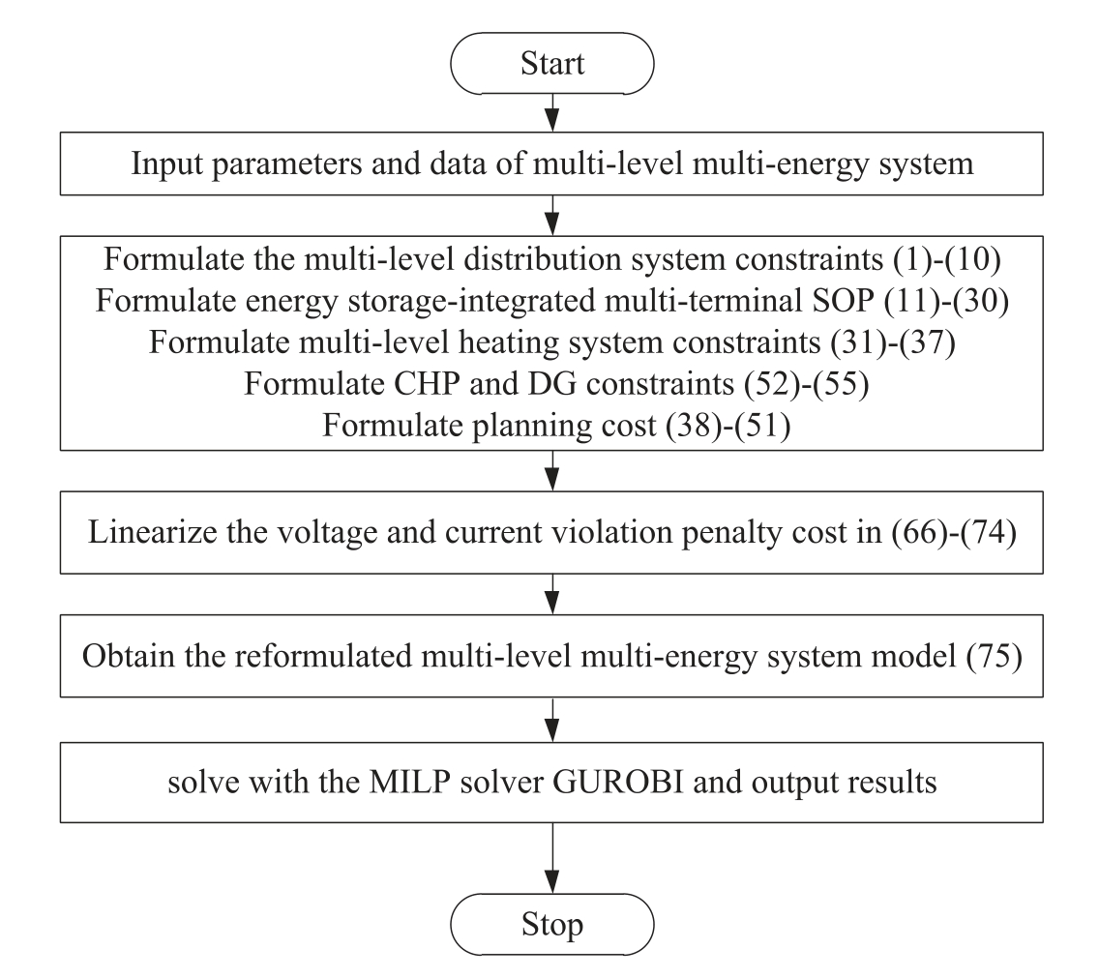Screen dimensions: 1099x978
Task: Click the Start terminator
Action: (x=551, y=63)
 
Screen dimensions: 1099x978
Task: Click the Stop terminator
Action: (x=551, y=924)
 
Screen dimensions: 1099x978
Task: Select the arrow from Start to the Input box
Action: (x=552, y=113)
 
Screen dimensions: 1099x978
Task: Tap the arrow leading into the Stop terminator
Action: (x=552, y=857)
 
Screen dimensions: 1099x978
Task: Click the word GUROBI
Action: (x=617, y=782)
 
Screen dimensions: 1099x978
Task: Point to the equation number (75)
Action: (x=994, y=656)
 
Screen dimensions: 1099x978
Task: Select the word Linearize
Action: (x=153, y=532)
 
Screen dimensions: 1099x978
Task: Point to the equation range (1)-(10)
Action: (x=947, y=259)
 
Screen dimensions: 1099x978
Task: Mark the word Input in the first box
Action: (x=166, y=164)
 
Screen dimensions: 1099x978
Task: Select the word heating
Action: (x=504, y=342)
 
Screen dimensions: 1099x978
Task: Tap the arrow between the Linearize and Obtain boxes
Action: (x=552, y=594)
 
